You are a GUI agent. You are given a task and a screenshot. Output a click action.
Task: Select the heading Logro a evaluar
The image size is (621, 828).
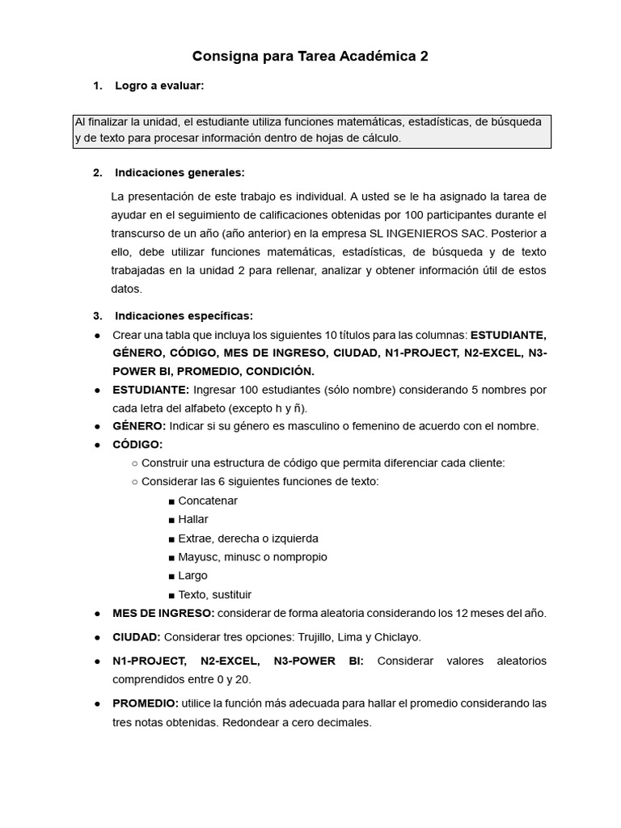(159, 85)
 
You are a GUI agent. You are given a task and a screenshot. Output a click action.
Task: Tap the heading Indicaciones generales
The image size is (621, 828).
(180, 172)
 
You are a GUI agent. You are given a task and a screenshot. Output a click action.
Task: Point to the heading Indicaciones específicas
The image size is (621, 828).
(184, 315)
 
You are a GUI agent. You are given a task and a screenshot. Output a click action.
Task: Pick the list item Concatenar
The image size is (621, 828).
(208, 501)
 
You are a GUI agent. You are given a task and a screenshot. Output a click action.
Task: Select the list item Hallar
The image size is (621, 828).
(193, 519)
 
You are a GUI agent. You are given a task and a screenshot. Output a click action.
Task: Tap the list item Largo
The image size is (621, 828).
(192, 576)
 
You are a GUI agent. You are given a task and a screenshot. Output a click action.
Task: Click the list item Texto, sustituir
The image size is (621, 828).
(214, 594)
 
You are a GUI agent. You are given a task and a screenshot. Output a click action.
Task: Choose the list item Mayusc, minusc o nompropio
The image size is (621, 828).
(252, 557)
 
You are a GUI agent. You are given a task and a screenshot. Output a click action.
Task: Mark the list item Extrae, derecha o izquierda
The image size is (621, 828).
(248, 539)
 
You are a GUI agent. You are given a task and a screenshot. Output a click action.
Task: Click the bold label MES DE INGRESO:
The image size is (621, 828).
(163, 613)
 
